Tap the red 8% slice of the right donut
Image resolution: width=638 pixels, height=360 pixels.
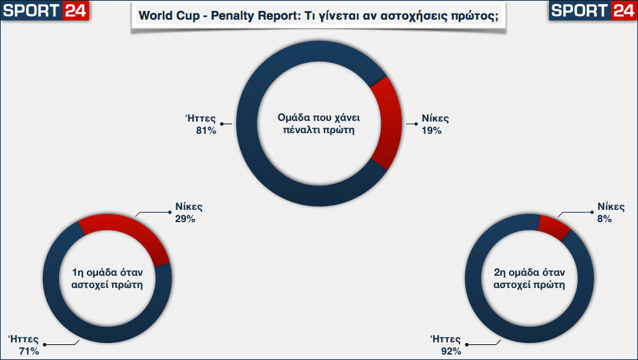pyautogui.click(x=554, y=227)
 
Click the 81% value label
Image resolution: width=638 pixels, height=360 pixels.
pyautogui.click(x=206, y=130)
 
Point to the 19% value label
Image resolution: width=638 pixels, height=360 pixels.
pyautogui.click(x=431, y=130)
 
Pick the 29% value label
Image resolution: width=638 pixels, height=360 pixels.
pyautogui.click(x=185, y=219)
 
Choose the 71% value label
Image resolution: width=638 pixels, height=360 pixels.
pyautogui.click(x=29, y=351)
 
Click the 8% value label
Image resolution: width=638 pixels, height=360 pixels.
pyautogui.click(x=605, y=219)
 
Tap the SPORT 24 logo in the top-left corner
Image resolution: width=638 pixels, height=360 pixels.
pyautogui.click(x=45, y=10)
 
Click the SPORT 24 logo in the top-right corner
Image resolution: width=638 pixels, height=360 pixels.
pyautogui.click(x=593, y=10)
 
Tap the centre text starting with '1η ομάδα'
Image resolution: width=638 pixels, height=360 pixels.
pyautogui.click(x=107, y=279)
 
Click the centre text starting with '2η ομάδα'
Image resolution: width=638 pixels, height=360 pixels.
pyautogui.click(x=529, y=279)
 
